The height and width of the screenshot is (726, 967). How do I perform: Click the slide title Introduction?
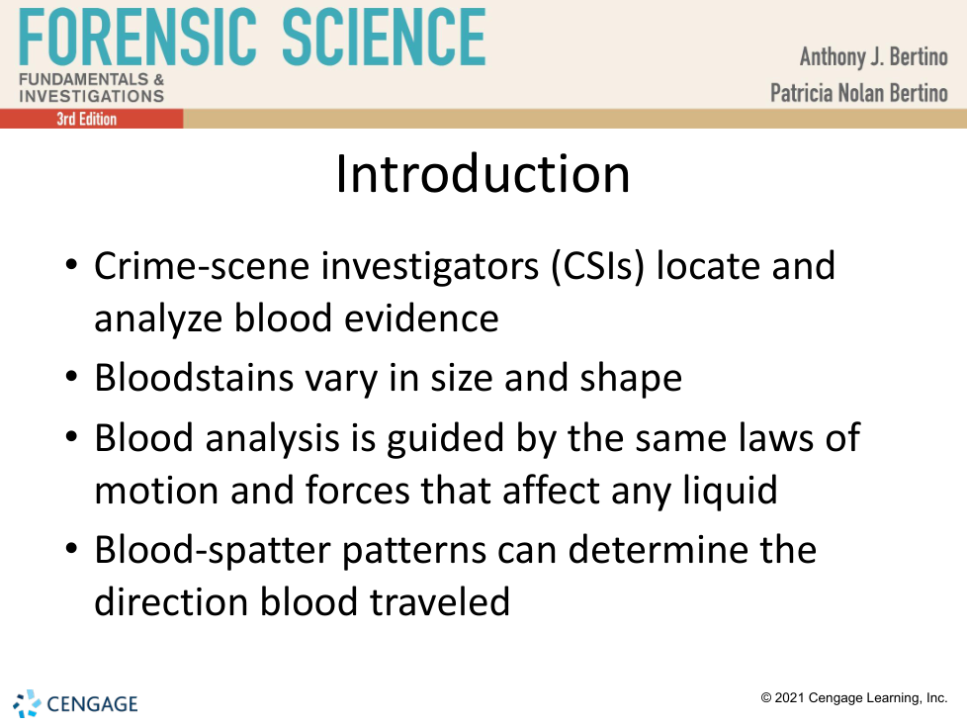coord(483,174)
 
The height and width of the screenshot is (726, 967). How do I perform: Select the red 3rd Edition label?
coord(87,119)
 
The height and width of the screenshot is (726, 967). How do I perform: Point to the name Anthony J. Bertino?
coord(874,56)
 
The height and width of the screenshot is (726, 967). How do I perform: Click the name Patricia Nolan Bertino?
coord(859,93)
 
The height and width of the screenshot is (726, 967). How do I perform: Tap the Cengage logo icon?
coord(27,704)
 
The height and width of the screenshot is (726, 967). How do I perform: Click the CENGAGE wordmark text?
coord(93,704)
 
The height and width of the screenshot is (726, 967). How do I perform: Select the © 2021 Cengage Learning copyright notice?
coord(854,697)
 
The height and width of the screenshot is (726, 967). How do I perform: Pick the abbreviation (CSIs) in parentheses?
coord(597,267)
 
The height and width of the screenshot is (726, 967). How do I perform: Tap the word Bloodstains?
coord(194,378)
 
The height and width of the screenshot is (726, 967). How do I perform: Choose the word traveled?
coord(440,601)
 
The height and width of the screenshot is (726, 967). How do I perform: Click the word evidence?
coord(421,318)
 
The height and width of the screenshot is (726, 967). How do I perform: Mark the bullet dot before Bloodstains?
coord(71,376)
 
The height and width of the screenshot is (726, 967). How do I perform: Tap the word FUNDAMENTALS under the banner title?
coord(84,79)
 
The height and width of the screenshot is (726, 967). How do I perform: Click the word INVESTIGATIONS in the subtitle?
coord(92,96)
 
